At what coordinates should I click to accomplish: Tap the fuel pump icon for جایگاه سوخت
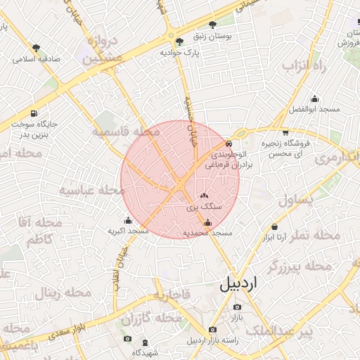(x=34, y=113)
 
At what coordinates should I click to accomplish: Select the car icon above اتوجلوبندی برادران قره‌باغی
(x=228, y=144)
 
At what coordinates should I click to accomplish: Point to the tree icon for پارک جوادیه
(x=179, y=41)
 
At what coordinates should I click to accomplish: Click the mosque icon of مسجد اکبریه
(x=127, y=221)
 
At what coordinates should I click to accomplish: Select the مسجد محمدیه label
(x=207, y=233)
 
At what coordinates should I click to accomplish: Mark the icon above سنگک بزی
(x=205, y=197)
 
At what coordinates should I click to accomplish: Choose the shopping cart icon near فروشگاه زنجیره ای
(x=285, y=132)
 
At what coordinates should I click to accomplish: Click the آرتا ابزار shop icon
(x=274, y=227)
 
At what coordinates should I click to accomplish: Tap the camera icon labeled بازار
(x=236, y=307)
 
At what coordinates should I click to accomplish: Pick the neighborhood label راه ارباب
(x=307, y=65)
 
